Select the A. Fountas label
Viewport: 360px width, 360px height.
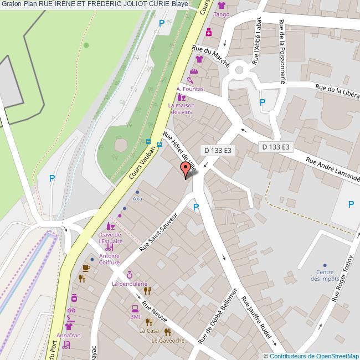189,89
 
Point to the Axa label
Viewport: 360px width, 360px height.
137,198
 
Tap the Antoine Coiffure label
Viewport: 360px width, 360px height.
109,259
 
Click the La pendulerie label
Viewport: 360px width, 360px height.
130,284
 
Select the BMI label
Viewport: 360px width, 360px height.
135,317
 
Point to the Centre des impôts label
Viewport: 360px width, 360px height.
325,275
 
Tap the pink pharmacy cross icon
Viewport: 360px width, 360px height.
209,32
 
